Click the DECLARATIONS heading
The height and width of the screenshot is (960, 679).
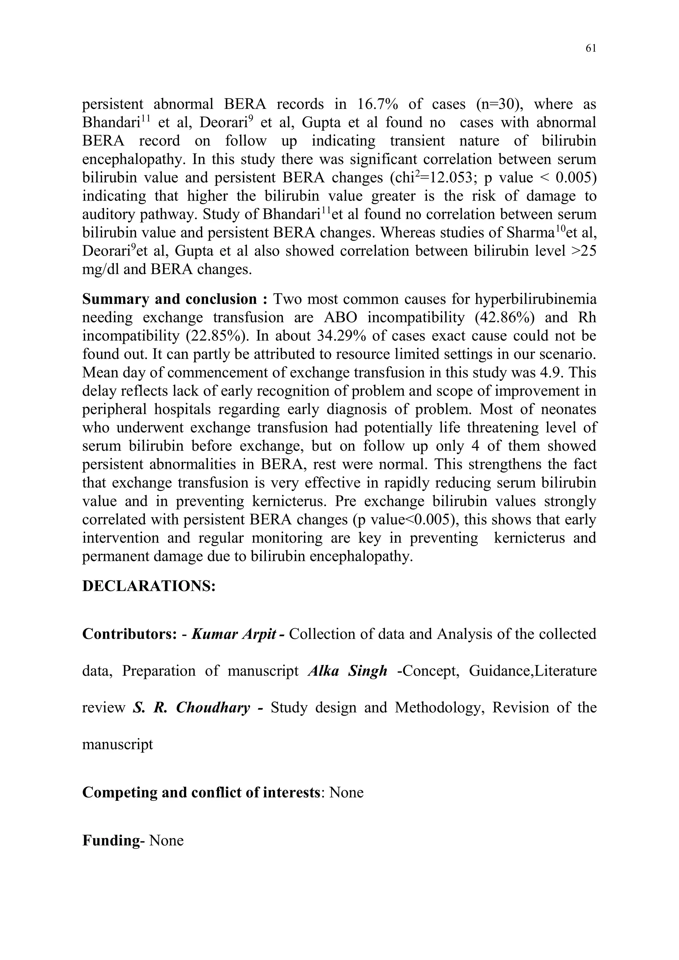click(149, 586)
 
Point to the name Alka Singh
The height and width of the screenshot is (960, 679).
click(347, 671)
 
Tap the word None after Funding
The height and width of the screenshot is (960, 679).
click(166, 841)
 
